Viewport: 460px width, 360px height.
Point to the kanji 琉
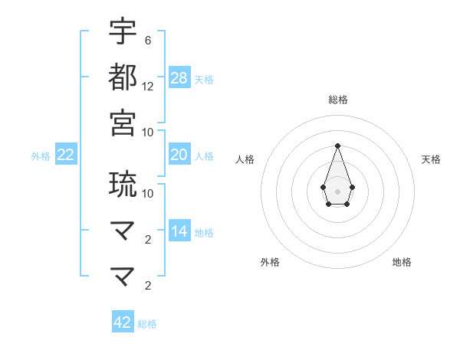pyautogui.click(x=123, y=184)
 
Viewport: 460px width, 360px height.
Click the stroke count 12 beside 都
pyautogui.click(x=148, y=87)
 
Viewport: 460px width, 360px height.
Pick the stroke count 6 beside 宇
pyautogui.click(x=148, y=40)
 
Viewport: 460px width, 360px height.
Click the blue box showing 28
pyautogui.click(x=179, y=77)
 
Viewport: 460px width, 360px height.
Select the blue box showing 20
pyautogui.click(x=179, y=155)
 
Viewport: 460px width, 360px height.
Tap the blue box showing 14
pyautogui.click(x=179, y=231)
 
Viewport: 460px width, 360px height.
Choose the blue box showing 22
pyautogui.click(x=66, y=155)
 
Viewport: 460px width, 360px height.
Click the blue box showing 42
pyautogui.click(x=123, y=322)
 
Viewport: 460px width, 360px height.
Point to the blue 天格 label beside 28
pyautogui.click(x=204, y=79)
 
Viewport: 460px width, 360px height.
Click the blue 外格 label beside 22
pyautogui.click(x=41, y=156)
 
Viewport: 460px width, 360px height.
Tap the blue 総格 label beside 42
pyautogui.click(x=147, y=324)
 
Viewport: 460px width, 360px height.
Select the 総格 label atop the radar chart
pyautogui.click(x=337, y=100)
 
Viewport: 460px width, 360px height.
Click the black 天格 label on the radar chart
pyautogui.click(x=431, y=159)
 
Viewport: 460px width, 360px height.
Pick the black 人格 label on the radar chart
pyautogui.click(x=245, y=159)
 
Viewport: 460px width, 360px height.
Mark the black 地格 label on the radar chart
pyautogui.click(x=402, y=262)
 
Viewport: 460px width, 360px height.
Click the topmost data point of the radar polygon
pyautogui.click(x=337, y=146)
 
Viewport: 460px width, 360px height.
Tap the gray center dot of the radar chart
pyautogui.click(x=337, y=191)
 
